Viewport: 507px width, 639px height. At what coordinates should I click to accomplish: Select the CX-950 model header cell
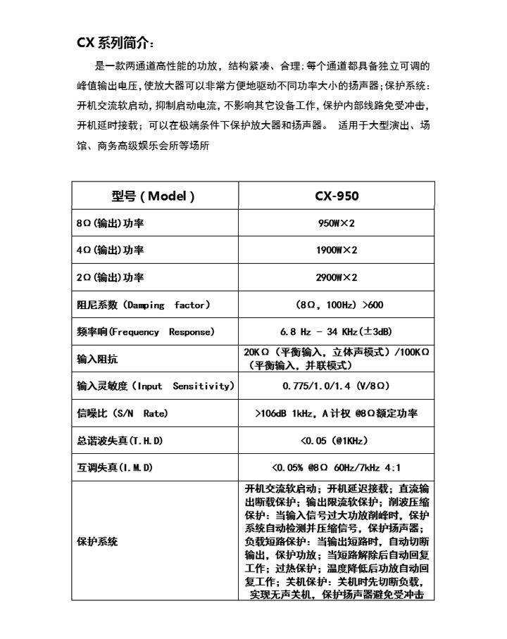(x=337, y=196)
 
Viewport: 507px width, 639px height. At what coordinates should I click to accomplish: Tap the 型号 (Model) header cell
(x=154, y=196)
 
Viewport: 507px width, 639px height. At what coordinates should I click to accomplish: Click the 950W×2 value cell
(x=337, y=223)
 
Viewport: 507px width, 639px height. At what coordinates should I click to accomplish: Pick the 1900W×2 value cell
(x=337, y=251)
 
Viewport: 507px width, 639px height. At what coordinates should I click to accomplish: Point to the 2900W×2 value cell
(x=337, y=277)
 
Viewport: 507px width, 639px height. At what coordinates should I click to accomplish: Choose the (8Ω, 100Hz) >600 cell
(x=337, y=305)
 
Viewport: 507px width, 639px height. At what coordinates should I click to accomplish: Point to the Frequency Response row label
(x=145, y=331)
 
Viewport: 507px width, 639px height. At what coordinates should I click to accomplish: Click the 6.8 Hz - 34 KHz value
(x=337, y=331)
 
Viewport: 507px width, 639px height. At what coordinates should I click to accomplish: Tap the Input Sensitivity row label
(x=154, y=386)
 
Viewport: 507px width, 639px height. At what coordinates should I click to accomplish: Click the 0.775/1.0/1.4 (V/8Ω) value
(x=337, y=386)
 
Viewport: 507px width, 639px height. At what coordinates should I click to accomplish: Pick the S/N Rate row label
(x=123, y=413)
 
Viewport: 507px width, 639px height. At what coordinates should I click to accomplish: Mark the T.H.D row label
(x=120, y=441)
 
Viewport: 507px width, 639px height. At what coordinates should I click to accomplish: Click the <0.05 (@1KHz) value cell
(x=337, y=441)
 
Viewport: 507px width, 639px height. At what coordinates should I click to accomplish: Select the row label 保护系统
(x=97, y=542)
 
